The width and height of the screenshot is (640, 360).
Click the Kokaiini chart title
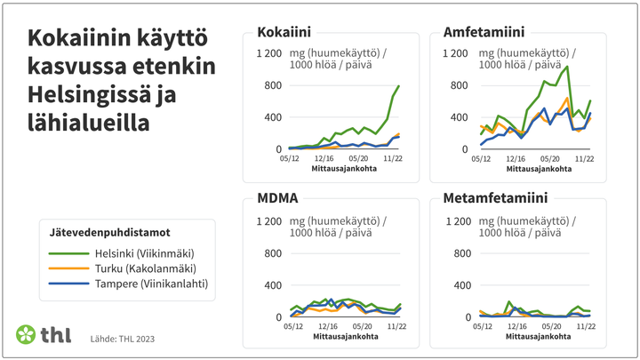point(284,33)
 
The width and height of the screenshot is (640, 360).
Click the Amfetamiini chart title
point(482,33)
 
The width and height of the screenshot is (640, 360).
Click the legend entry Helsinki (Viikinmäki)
point(144,252)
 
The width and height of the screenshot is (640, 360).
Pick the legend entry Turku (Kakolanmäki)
point(144,268)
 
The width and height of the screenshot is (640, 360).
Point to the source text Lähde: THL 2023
point(123,339)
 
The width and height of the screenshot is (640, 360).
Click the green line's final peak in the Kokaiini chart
point(399,86)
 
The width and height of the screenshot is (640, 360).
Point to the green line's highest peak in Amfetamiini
point(567,67)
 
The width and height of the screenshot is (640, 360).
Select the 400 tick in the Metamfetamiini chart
point(460,284)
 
